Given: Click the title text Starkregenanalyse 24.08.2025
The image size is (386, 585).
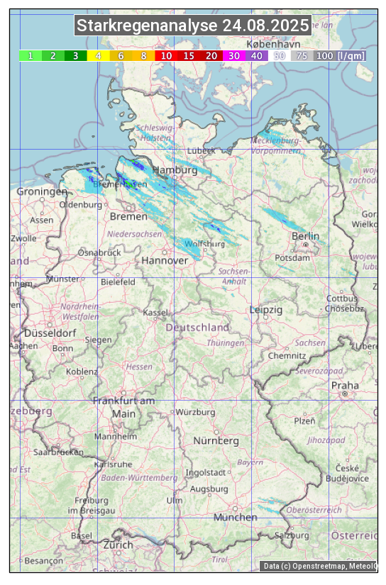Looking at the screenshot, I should pyautogui.click(x=193, y=26).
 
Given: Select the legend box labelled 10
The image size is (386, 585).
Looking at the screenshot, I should pyautogui.click(x=166, y=55).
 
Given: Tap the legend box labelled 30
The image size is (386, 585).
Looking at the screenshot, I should pyautogui.click(x=234, y=55).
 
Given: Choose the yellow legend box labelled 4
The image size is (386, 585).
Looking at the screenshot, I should pyautogui.click(x=98, y=55).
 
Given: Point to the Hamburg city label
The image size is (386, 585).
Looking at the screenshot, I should pyautogui.click(x=175, y=171).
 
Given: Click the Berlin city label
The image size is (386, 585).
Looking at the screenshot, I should pyautogui.click(x=305, y=236).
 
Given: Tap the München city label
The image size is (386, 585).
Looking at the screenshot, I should pyautogui.click(x=235, y=518).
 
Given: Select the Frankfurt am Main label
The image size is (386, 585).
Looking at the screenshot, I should pyautogui.click(x=123, y=407).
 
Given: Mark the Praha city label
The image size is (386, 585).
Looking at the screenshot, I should pyautogui.click(x=345, y=386).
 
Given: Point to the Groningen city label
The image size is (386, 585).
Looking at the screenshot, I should pyautogui.click(x=42, y=192).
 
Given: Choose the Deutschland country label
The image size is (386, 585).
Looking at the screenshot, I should pyautogui.click(x=197, y=328).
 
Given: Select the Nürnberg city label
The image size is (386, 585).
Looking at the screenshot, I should pyautogui.click(x=216, y=441).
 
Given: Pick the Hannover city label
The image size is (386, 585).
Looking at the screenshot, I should pyautogui.click(x=165, y=261).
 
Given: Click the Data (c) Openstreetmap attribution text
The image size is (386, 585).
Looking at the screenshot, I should pyautogui.click(x=319, y=566).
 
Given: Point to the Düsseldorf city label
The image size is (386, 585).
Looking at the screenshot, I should pyautogui.click(x=50, y=333).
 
